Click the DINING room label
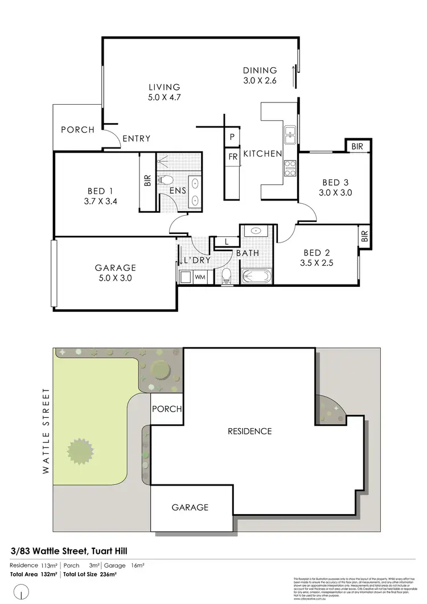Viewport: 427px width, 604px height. (260, 70)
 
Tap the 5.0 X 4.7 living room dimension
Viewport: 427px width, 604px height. (165, 97)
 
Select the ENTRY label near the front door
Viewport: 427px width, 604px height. (136, 138)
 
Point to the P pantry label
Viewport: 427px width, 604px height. (232, 137)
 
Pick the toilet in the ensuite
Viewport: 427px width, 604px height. (167, 180)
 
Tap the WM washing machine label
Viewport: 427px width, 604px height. (200, 277)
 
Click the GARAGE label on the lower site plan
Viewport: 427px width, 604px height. (190, 507)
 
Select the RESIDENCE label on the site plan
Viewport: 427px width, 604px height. (249, 431)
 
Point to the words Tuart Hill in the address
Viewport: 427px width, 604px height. (114, 550)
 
